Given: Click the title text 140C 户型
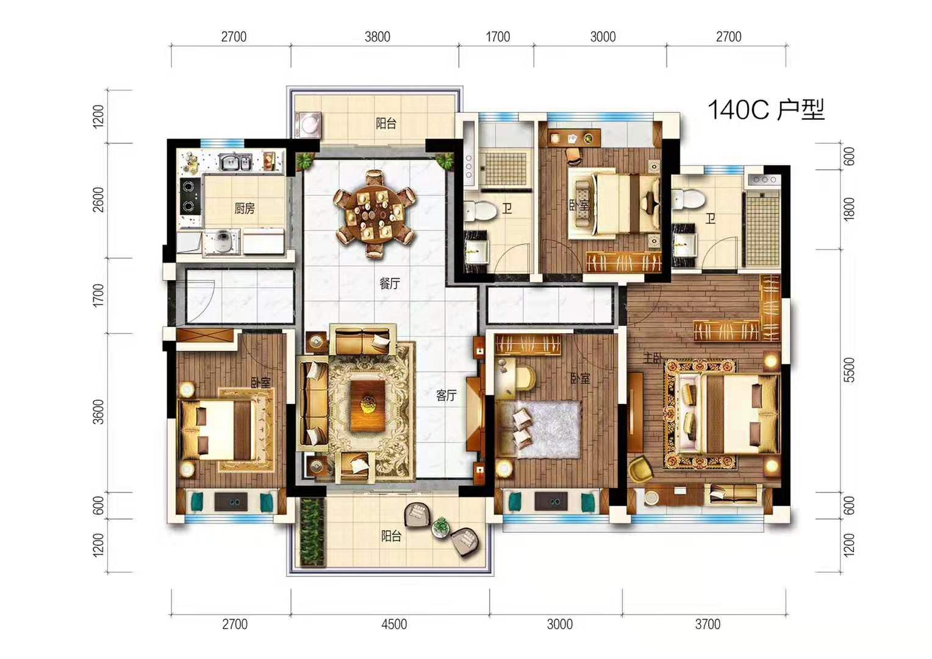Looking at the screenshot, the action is [766, 110].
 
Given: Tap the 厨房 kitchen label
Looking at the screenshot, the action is [244, 208].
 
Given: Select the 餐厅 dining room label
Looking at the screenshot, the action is [389, 284].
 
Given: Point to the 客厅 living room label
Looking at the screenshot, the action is [446, 395].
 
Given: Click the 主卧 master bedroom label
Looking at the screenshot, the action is [653, 358].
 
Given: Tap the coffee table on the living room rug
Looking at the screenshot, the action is [367, 406].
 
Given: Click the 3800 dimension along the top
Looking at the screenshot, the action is [378, 37].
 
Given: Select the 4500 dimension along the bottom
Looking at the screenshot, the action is [394, 624].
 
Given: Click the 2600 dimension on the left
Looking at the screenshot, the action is [98, 200].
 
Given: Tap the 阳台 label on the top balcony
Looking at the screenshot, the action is [386, 123].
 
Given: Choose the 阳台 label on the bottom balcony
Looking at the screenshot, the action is [391, 536].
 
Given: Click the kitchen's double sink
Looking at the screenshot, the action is [235, 162].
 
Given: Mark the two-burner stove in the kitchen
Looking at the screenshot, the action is [190, 196].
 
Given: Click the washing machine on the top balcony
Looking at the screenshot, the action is [308, 124].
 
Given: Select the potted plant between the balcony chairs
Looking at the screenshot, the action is [440, 527].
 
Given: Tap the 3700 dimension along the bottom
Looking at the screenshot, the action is [708, 624].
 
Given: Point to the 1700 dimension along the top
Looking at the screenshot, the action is [498, 37].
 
